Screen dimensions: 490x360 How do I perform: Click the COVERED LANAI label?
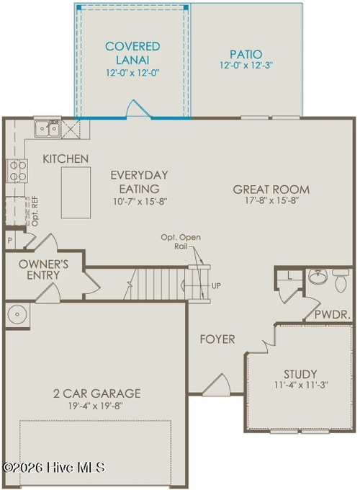pos(132,53)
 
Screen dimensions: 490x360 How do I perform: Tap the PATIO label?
pos(246,54)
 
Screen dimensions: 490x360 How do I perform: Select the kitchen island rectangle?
pos(76,192)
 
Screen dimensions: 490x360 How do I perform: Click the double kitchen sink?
pos(48,129)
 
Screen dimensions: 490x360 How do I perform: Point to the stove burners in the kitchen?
pos(17,170)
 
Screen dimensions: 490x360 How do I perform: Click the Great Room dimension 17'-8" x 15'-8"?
pos(271,201)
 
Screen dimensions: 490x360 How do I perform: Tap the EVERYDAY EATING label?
pos(139,182)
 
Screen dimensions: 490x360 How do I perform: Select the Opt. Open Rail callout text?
pos(181,242)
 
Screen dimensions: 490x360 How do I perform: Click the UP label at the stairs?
pos(216,285)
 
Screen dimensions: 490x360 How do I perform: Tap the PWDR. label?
pos(333,316)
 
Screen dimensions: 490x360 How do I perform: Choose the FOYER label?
pos(217,339)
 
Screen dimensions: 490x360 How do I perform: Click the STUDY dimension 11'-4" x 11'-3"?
pos(300,386)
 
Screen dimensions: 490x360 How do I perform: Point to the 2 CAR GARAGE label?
pos(96,393)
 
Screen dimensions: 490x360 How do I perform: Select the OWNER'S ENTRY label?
pos(44,270)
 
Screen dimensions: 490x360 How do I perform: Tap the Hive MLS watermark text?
pos(53,468)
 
